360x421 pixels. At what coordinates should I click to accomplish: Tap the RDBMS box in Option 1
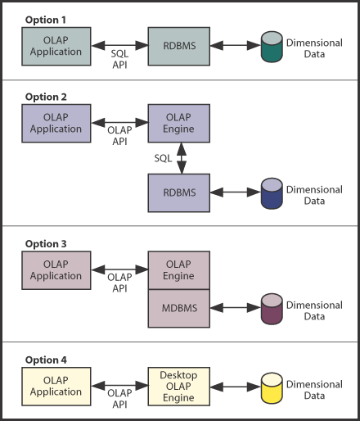(x=179, y=46)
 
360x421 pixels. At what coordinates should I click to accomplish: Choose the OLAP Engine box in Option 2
(x=179, y=123)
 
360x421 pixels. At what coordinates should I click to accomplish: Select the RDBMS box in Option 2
(x=179, y=194)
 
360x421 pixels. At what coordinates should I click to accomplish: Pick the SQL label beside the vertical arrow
(x=163, y=158)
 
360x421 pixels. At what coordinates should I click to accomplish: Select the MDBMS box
(x=179, y=308)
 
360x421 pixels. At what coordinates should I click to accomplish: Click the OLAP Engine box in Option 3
(x=179, y=270)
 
